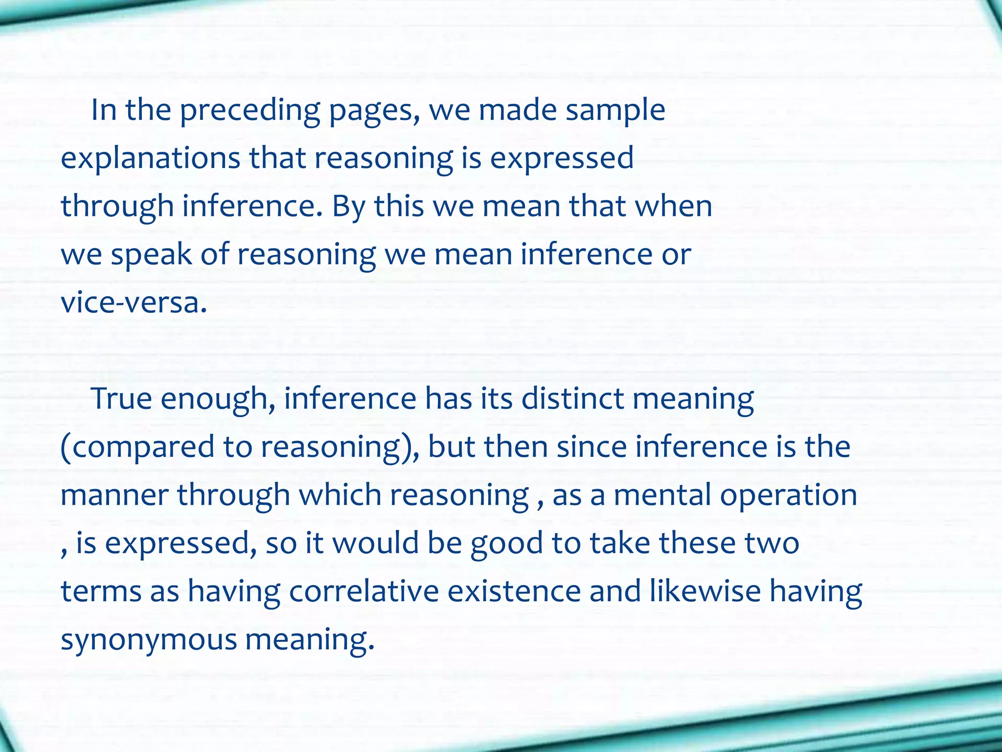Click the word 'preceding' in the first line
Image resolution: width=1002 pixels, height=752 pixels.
(250, 111)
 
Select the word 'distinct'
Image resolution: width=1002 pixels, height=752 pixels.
(572, 399)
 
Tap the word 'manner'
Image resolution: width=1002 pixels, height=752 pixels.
(114, 494)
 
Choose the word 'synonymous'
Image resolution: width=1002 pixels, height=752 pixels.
(149, 639)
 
